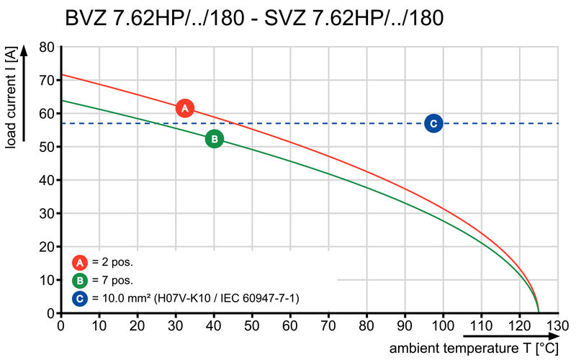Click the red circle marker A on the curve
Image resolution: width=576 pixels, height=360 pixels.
pos(185,109)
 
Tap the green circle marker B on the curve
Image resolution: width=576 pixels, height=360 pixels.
pos(214,139)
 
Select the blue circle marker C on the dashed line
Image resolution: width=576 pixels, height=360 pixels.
pos(433,124)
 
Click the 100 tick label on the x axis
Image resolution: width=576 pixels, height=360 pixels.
pos(443,325)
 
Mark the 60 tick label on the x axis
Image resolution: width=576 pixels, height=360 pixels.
pos(291,325)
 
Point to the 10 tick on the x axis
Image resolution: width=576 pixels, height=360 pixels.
pos(100,325)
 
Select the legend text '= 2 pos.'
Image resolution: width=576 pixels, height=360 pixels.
pos(112,262)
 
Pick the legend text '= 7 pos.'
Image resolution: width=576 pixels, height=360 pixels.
pos(112,280)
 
